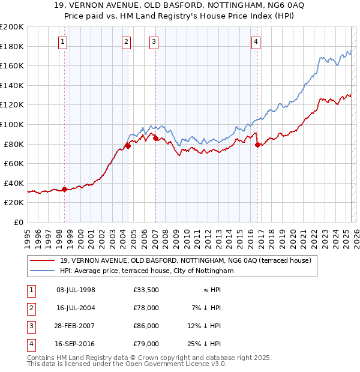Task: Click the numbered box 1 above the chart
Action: [x=63, y=41]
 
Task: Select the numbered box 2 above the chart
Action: [x=126, y=41]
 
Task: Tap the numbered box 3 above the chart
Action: [x=154, y=41]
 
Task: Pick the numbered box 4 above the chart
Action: [x=256, y=41]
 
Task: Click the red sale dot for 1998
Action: [x=64, y=189]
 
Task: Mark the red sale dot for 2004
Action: [x=128, y=145]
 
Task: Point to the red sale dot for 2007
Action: [x=155, y=138]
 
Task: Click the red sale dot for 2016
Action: [x=257, y=145]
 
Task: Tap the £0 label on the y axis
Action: [x=18, y=222]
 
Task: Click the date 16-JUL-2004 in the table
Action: [x=76, y=308]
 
